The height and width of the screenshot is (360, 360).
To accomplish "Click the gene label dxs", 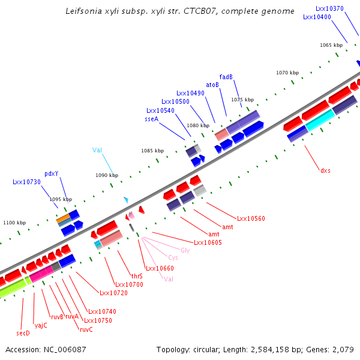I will [x=325, y=170].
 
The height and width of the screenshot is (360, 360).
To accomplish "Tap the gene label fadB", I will [x=226, y=77].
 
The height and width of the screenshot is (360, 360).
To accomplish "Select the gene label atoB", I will [x=212, y=85].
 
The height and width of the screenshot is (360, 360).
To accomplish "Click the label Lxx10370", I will [x=329, y=8].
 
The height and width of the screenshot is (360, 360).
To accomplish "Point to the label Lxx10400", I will [x=317, y=17].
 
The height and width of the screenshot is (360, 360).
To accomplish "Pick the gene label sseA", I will [x=151, y=119].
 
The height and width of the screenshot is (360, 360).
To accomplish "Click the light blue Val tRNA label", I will [x=98, y=150].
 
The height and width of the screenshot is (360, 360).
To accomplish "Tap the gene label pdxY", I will [x=52, y=173].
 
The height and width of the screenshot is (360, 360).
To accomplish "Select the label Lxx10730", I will [x=26, y=182].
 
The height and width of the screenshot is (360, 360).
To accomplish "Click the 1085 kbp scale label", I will [x=152, y=151].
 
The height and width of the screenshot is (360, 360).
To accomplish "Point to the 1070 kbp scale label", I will [x=287, y=73].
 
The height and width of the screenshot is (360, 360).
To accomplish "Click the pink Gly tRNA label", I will [x=185, y=250].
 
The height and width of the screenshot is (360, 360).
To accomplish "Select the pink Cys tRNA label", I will [x=173, y=257].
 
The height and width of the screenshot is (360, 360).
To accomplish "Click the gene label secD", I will [x=23, y=332].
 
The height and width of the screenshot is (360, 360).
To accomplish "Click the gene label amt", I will [x=213, y=234].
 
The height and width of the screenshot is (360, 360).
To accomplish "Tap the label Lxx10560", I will [x=251, y=219].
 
